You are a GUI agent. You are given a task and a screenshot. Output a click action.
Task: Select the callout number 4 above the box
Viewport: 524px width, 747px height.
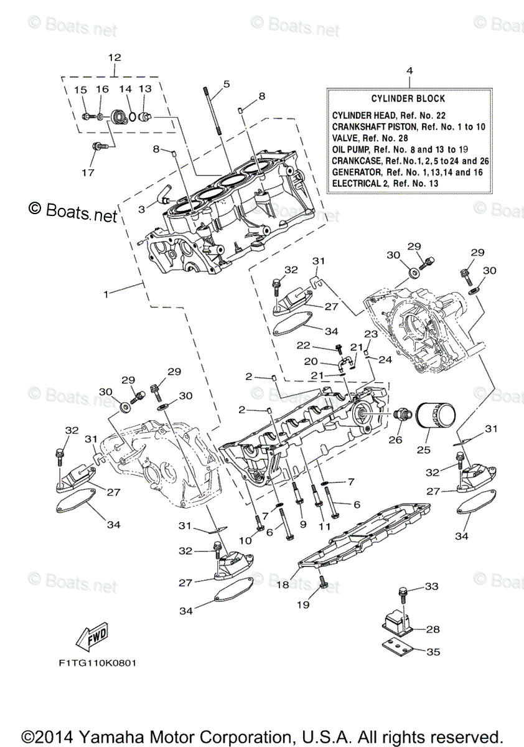click(409, 71)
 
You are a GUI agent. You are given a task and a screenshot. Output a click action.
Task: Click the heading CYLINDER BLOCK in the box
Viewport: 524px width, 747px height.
click(408, 99)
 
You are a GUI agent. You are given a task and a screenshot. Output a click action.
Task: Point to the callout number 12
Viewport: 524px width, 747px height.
click(115, 57)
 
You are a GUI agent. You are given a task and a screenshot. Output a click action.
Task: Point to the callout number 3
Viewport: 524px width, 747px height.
click(142, 210)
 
